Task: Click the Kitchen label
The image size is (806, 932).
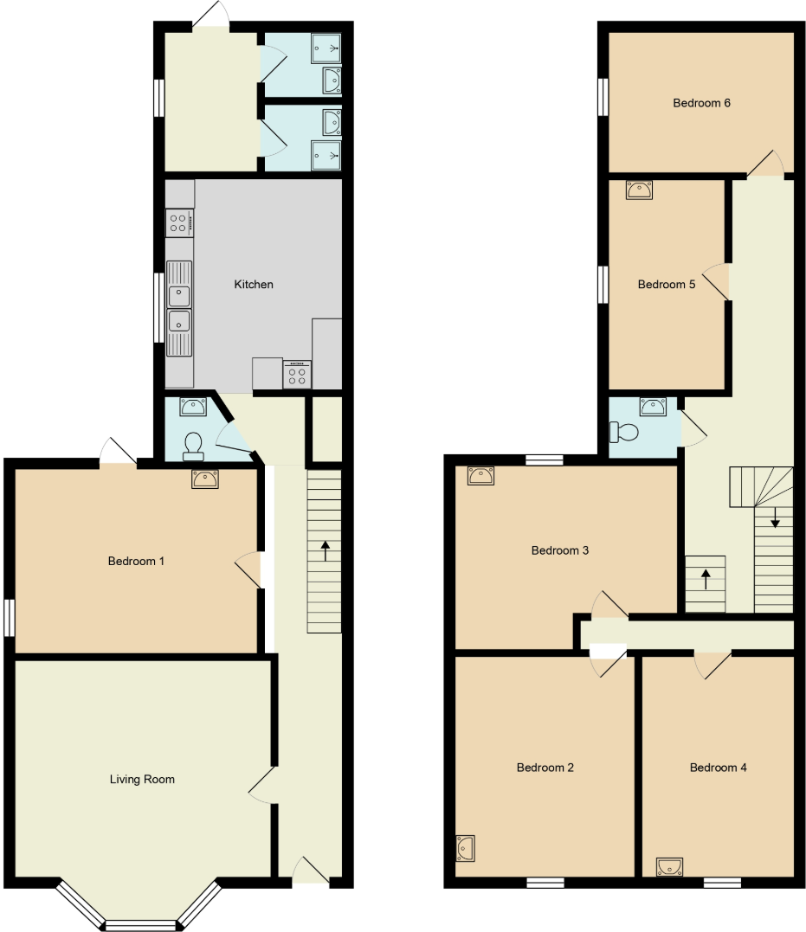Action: [x=254, y=285]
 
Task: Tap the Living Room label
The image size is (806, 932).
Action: [x=142, y=780]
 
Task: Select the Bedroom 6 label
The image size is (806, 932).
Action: [x=701, y=103]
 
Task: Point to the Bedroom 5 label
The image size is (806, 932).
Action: [x=667, y=285]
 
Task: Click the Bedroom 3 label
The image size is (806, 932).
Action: [x=560, y=550]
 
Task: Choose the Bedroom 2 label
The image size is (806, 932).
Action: [x=545, y=768]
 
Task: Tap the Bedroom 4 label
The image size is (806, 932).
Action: [x=718, y=768]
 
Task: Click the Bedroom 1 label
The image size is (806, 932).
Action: [x=136, y=562]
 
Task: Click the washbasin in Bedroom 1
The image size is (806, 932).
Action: [x=205, y=479]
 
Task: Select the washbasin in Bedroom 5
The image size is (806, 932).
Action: [x=639, y=190]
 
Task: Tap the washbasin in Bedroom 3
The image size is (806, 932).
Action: [x=480, y=475]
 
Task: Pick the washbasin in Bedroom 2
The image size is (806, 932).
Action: [x=465, y=848]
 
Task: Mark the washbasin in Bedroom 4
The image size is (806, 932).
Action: [x=669, y=865]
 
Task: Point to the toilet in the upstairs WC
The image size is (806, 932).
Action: [x=623, y=431]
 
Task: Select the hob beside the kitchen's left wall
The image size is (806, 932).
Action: [x=179, y=222]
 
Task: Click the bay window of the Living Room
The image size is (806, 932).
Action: [x=139, y=924]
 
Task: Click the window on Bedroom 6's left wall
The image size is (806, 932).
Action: [x=603, y=96]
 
